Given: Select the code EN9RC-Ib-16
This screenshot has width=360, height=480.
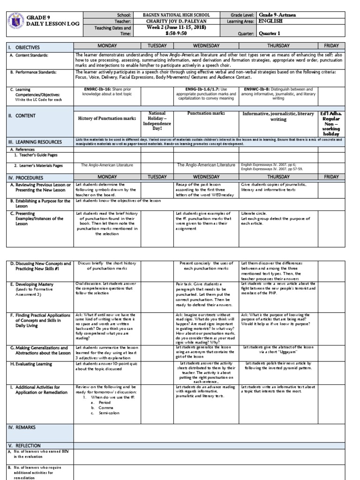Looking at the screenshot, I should (93, 88).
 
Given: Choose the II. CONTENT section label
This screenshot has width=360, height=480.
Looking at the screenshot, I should (22, 116).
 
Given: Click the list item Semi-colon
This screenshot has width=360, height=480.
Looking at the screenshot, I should (108, 413).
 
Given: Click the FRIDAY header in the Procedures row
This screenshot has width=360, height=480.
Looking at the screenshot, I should (331, 177).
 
